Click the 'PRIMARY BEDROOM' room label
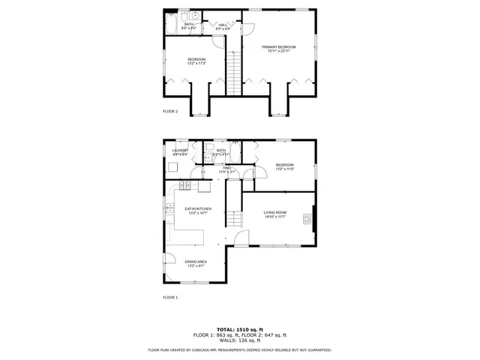click(279, 46)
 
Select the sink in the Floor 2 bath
click(194, 16)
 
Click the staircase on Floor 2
click(234, 72)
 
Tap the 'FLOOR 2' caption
click(170, 111)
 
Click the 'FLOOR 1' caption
click(170, 298)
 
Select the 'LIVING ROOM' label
click(275, 212)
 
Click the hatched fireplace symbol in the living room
click(306, 219)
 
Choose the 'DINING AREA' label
click(196, 261)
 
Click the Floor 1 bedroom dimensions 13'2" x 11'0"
click(284, 169)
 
